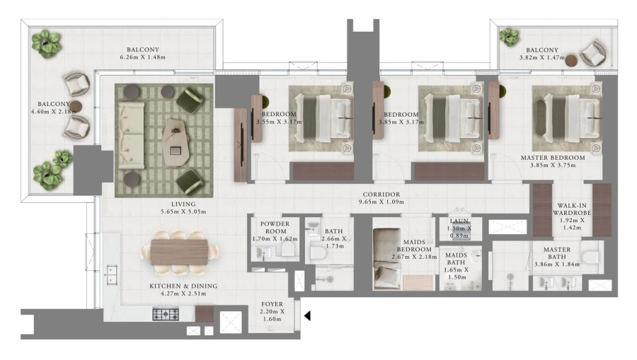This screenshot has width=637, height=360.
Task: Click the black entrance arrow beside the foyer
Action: pos(307,316)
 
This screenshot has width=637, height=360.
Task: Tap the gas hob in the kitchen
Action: pos(166,313)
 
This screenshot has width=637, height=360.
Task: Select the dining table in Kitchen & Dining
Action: pos(180,251)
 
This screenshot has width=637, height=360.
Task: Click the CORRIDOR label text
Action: pos(381,194)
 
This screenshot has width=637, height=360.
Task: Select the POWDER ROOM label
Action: pos(275,227)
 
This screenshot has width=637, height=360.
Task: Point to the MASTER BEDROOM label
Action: pos(553,157)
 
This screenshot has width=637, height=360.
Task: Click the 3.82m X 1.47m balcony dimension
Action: pos(543,58)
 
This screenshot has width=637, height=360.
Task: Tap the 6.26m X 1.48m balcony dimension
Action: pos(147,57)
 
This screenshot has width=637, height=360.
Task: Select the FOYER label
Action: pos(272,303)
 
